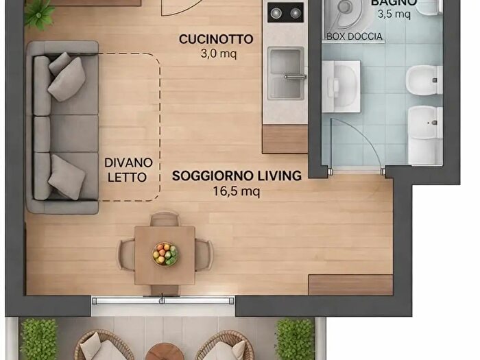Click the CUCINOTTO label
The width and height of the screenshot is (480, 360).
coord(216,39)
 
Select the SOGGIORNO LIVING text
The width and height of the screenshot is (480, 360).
coord(237,176)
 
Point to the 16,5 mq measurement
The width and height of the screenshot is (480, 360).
coord(237,191)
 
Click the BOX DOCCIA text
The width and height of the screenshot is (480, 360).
coord(355,36)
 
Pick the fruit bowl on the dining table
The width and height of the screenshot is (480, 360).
coord(165,254)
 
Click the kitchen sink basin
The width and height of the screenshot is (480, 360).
coord(286,73)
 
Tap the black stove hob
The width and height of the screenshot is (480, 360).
coord(285,12)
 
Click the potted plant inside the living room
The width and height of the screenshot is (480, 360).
coord(39,12)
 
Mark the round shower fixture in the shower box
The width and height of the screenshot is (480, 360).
coord(347,12)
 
